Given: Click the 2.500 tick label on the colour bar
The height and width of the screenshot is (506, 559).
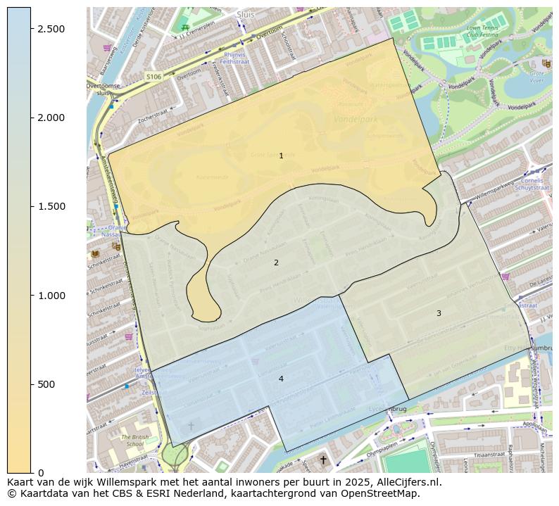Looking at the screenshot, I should coord(51,28).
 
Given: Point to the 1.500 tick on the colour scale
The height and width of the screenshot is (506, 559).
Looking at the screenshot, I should coord(51,206).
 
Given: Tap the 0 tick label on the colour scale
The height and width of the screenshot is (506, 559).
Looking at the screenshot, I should coord(41,473).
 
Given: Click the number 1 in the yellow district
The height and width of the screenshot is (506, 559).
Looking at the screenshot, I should coord(281,156).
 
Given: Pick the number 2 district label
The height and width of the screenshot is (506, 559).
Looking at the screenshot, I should coord(276,263).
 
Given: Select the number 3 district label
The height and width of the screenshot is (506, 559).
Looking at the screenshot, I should coord(439,313).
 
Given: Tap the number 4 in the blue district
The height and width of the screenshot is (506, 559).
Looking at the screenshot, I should coord(281,379).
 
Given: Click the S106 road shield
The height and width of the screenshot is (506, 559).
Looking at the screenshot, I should coord(153,76).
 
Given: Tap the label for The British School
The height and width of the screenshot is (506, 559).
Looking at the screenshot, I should coord(134,441).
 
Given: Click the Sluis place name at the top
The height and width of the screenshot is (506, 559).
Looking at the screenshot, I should coord(246,13).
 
